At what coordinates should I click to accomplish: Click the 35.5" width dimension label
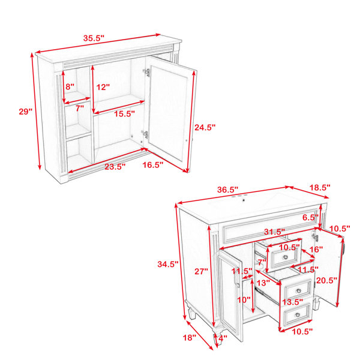pyautogui.click(x=94, y=38)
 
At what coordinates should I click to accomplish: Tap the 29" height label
pyautogui.click(x=25, y=112)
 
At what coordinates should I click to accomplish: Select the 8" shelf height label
pyautogui.click(x=70, y=86)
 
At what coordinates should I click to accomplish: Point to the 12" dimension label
pyautogui.click(x=103, y=87)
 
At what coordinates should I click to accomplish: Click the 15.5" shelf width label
pyautogui.click(x=124, y=113)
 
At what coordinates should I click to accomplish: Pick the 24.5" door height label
pyautogui.click(x=205, y=127)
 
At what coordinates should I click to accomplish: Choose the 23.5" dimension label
pyautogui.click(x=115, y=166)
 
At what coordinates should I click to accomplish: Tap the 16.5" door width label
pyautogui.click(x=152, y=164)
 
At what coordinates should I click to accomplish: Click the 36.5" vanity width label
pyautogui.click(x=227, y=190)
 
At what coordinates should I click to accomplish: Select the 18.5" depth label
pyautogui.click(x=320, y=187)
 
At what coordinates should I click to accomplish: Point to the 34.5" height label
pyautogui.click(x=168, y=264)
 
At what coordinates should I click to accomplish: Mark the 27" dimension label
pyautogui.click(x=201, y=271)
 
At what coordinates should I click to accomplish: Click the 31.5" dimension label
pyautogui.click(x=274, y=232)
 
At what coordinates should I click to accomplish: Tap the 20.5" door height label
pyautogui.click(x=326, y=280)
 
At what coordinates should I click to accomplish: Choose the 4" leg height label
pyautogui.click(x=223, y=338)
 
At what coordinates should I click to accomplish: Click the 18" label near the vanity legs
pyautogui.click(x=190, y=338)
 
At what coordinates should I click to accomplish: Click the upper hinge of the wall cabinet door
pyautogui.click(x=147, y=72)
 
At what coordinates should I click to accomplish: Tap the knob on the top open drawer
pyautogui.click(x=286, y=257)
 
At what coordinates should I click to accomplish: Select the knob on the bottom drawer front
pyautogui.click(x=298, y=314)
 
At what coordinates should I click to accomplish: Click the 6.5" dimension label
pyautogui.click(x=310, y=217)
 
